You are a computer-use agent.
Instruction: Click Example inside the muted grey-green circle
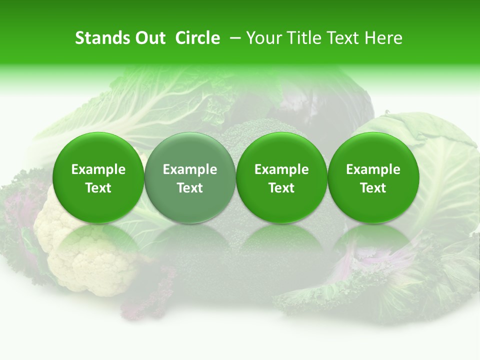coord(190,169)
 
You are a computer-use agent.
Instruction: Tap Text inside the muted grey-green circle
coord(190,188)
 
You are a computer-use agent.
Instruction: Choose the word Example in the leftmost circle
coord(98,169)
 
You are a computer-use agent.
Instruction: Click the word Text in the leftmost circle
coord(98,188)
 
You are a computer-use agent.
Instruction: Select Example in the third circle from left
coord(281,169)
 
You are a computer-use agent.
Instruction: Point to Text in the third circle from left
coord(281,188)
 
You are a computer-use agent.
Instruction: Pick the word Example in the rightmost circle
coord(373,169)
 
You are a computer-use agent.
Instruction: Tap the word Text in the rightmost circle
coord(373,188)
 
